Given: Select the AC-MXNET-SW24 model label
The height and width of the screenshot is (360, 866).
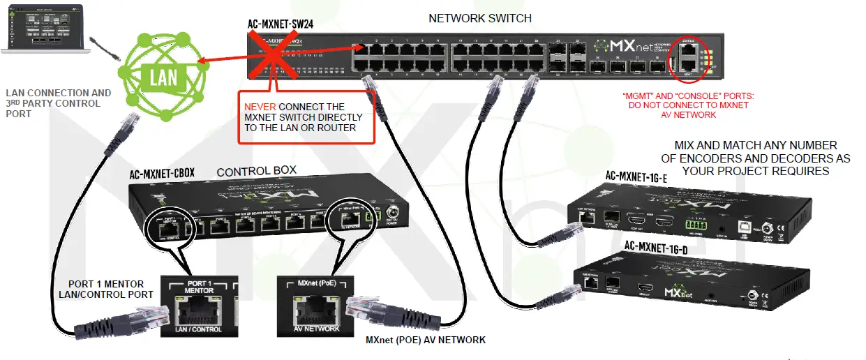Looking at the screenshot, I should (x=280, y=23).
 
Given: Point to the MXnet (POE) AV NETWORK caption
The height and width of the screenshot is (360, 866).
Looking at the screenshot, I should (x=425, y=340).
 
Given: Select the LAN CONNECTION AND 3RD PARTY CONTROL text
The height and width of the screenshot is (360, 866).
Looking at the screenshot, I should (x=58, y=103).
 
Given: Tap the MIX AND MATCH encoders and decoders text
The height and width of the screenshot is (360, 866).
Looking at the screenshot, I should (x=755, y=158).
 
